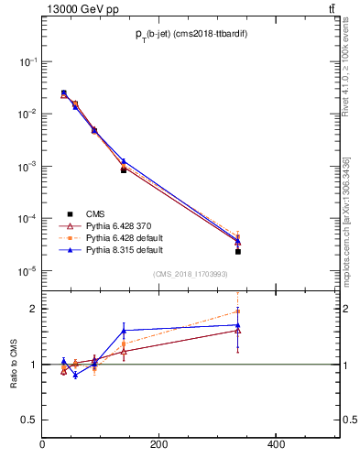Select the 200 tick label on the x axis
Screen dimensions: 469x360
pos(158,445)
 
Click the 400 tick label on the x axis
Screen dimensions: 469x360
pos(275,445)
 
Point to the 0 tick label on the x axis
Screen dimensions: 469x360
pos(42,445)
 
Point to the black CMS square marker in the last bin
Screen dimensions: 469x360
pos(237,251)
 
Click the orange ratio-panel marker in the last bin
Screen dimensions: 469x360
pos(237,311)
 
